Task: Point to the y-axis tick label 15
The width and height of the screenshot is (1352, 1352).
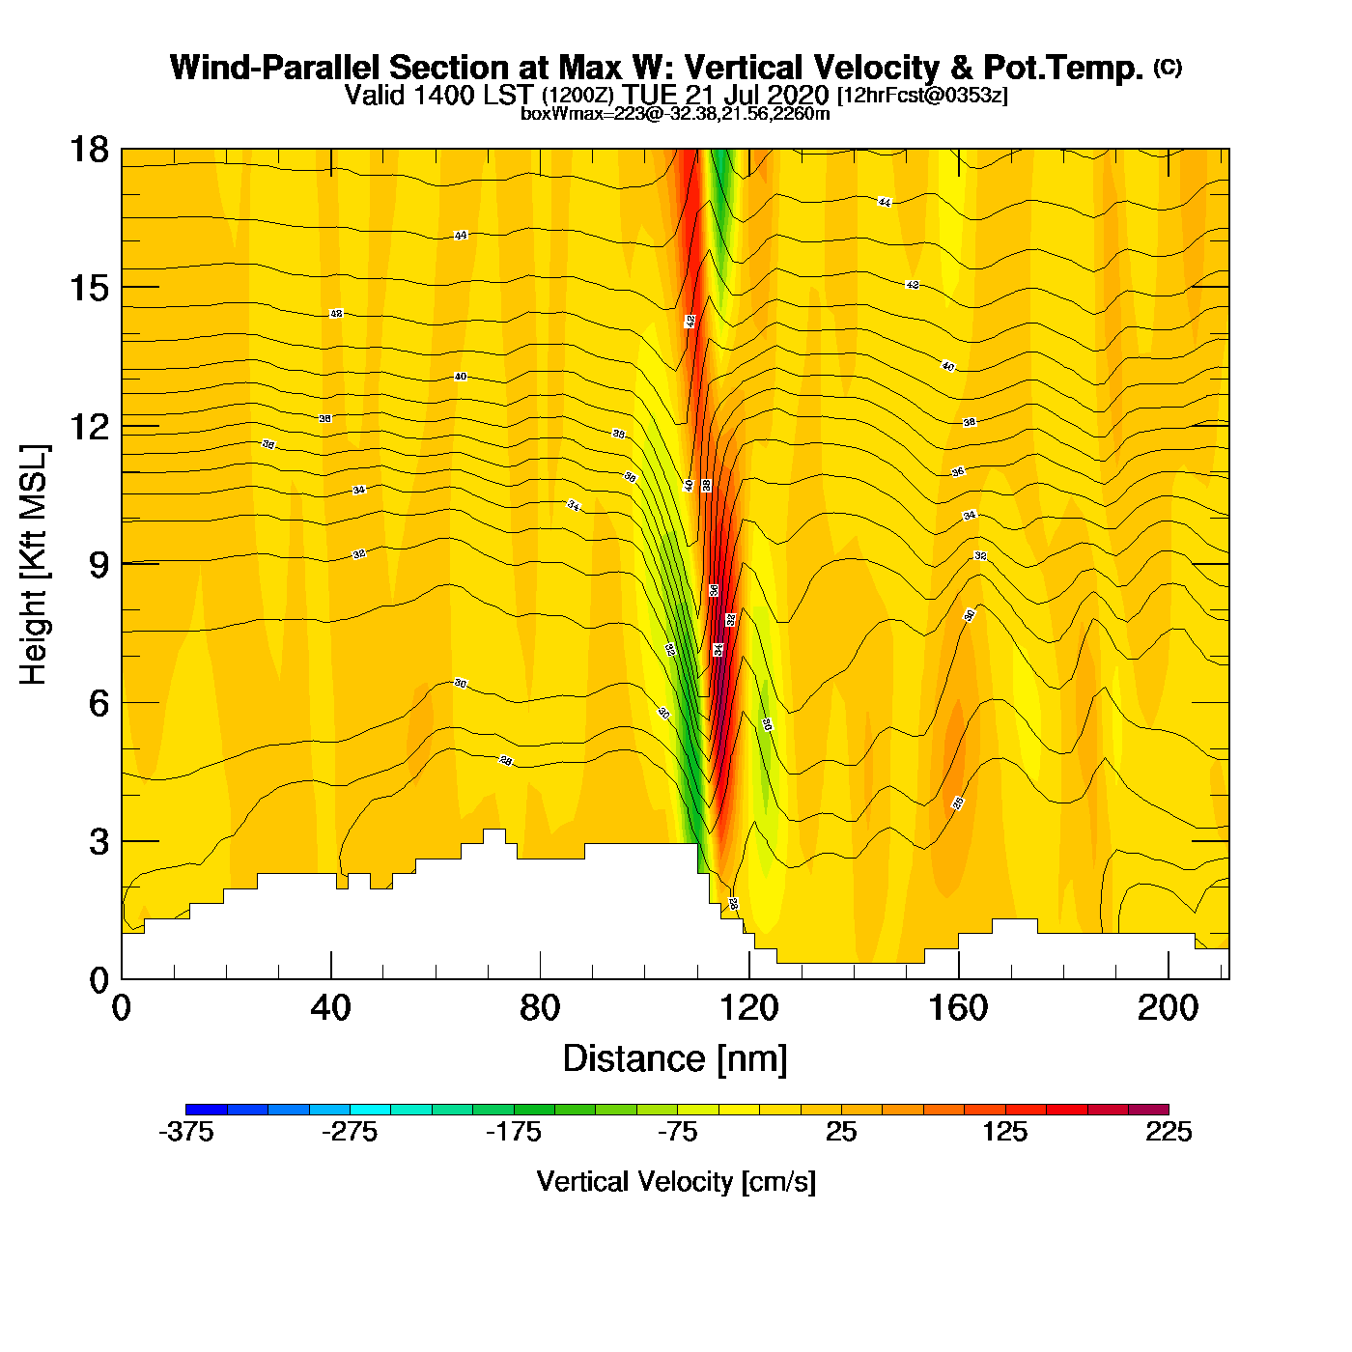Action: coord(88,288)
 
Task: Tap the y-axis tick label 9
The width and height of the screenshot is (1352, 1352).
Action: coord(99,565)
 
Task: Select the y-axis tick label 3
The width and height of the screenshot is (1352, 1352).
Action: coord(99,842)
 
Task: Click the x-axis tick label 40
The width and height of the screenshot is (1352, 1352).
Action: coord(330,1008)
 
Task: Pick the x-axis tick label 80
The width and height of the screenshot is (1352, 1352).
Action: coord(540,1008)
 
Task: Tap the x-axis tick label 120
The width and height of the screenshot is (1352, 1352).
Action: coord(748,1008)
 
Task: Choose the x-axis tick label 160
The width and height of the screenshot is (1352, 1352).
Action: coord(958,1008)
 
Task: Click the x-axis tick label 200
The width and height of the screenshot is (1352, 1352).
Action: coord(1168,1008)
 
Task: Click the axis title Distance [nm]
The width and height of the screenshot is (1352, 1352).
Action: coord(675,1059)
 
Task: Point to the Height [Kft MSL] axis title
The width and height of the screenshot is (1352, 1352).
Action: coord(34,565)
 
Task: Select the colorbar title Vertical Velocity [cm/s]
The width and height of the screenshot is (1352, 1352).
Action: coord(676,1181)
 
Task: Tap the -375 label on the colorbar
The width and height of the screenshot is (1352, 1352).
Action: coord(185,1133)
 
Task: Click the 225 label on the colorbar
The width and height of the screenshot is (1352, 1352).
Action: coord(1169,1133)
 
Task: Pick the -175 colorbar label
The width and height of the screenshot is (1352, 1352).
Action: coord(514,1133)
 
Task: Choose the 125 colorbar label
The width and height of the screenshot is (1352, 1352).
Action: coord(1004,1133)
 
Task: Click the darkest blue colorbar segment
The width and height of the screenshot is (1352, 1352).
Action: coord(206,1110)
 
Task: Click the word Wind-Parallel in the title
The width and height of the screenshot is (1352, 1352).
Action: coord(276,68)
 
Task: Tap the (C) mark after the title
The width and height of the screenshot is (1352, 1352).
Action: coord(1168,67)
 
